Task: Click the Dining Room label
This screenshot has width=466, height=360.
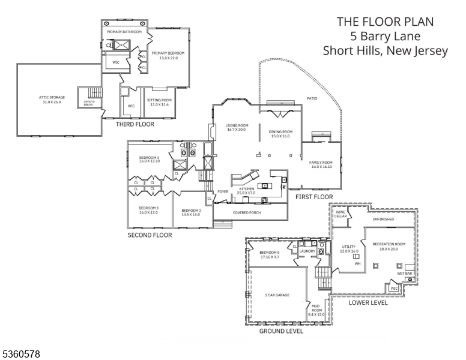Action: (280, 133)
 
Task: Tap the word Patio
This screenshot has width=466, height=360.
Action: (312, 98)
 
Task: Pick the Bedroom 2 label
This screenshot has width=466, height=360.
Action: (191, 212)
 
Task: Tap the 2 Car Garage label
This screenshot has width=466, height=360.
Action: (277, 295)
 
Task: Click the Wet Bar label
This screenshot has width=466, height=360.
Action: (404, 274)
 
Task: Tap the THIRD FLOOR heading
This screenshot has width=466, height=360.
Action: (135, 125)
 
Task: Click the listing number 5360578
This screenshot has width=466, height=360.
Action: (21, 355)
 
